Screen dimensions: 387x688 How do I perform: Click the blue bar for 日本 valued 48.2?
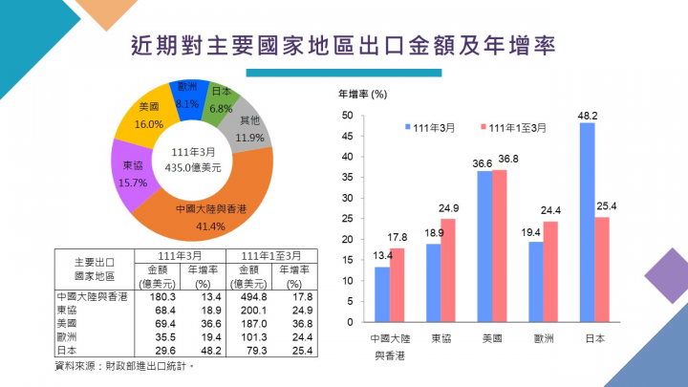tap(587, 221)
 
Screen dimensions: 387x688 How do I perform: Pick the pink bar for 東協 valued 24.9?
tap(447, 269)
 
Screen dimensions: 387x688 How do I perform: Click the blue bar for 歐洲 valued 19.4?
tap(535, 280)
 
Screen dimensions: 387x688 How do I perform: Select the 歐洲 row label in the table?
tap(69, 336)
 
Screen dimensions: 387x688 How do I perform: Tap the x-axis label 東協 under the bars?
tap(441, 338)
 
